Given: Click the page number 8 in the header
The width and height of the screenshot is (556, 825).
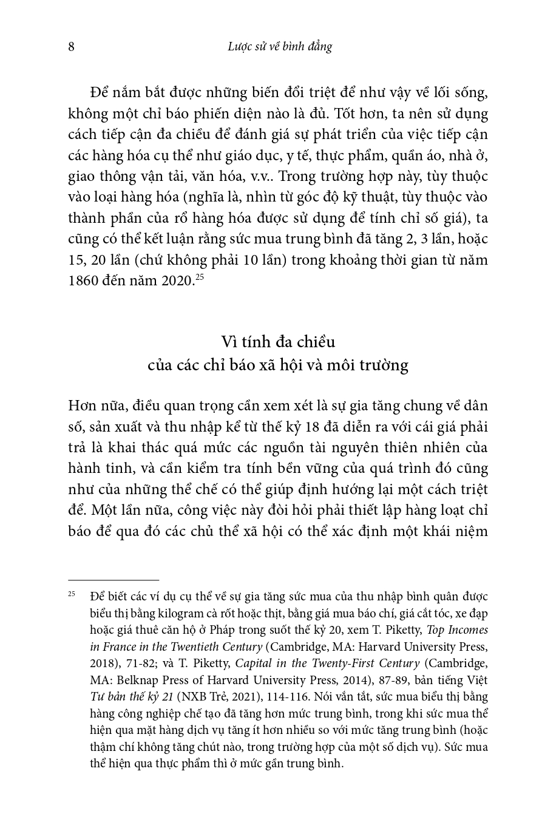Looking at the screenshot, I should click(71, 47).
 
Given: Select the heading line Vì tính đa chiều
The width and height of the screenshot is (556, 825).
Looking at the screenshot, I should click(278, 342).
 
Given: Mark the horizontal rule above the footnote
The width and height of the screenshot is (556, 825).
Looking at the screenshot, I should click(114, 580).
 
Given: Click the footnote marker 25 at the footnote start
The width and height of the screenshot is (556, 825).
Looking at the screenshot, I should click(72, 594).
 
